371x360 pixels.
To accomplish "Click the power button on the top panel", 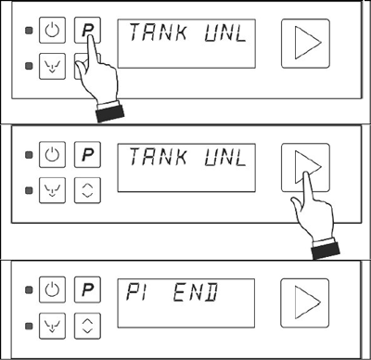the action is point(52,30).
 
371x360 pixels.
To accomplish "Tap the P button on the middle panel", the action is point(87,154).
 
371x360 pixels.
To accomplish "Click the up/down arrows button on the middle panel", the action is point(87,190).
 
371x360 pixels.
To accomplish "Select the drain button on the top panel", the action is point(52,66).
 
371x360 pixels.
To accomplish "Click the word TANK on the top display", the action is point(158,32).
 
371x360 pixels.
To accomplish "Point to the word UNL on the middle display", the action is point(225,157).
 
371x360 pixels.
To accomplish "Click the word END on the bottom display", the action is point(196,292).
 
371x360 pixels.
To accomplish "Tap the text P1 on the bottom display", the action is point(135,291).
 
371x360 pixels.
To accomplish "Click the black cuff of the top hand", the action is point(110,114).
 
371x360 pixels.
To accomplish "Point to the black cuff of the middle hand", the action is point(326,251).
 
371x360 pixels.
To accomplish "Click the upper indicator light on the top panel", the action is point(29,31).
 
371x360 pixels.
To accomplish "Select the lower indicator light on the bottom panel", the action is point(29,326).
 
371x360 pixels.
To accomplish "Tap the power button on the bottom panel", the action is point(52,289).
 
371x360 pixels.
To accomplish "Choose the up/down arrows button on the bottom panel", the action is point(87,326).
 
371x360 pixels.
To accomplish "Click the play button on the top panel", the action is point(305,44).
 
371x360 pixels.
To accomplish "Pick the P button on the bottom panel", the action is point(87,289).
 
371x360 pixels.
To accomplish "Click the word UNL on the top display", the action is point(225,32).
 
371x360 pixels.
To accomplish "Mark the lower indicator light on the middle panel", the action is point(29,190).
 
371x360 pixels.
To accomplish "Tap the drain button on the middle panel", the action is point(52,190).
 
